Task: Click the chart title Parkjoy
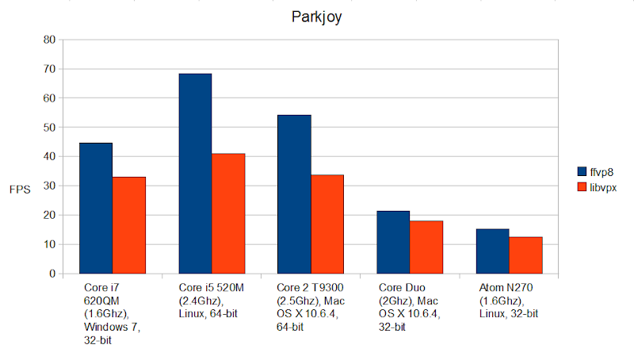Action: coord(316,15)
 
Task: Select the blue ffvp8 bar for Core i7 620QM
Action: coord(96,209)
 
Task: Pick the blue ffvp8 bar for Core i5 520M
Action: coord(195,174)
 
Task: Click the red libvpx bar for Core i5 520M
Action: coord(228,213)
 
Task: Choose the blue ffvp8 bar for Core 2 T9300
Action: coord(294,194)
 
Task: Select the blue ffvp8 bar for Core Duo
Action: coord(393,243)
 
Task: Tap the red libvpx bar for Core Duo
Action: coord(426,247)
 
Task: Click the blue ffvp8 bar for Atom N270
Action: coord(492,251)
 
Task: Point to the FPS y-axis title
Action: coord(20,190)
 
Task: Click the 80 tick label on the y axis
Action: coord(49,40)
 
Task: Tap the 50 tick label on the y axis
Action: coord(49,128)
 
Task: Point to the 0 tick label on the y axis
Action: coord(52,274)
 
